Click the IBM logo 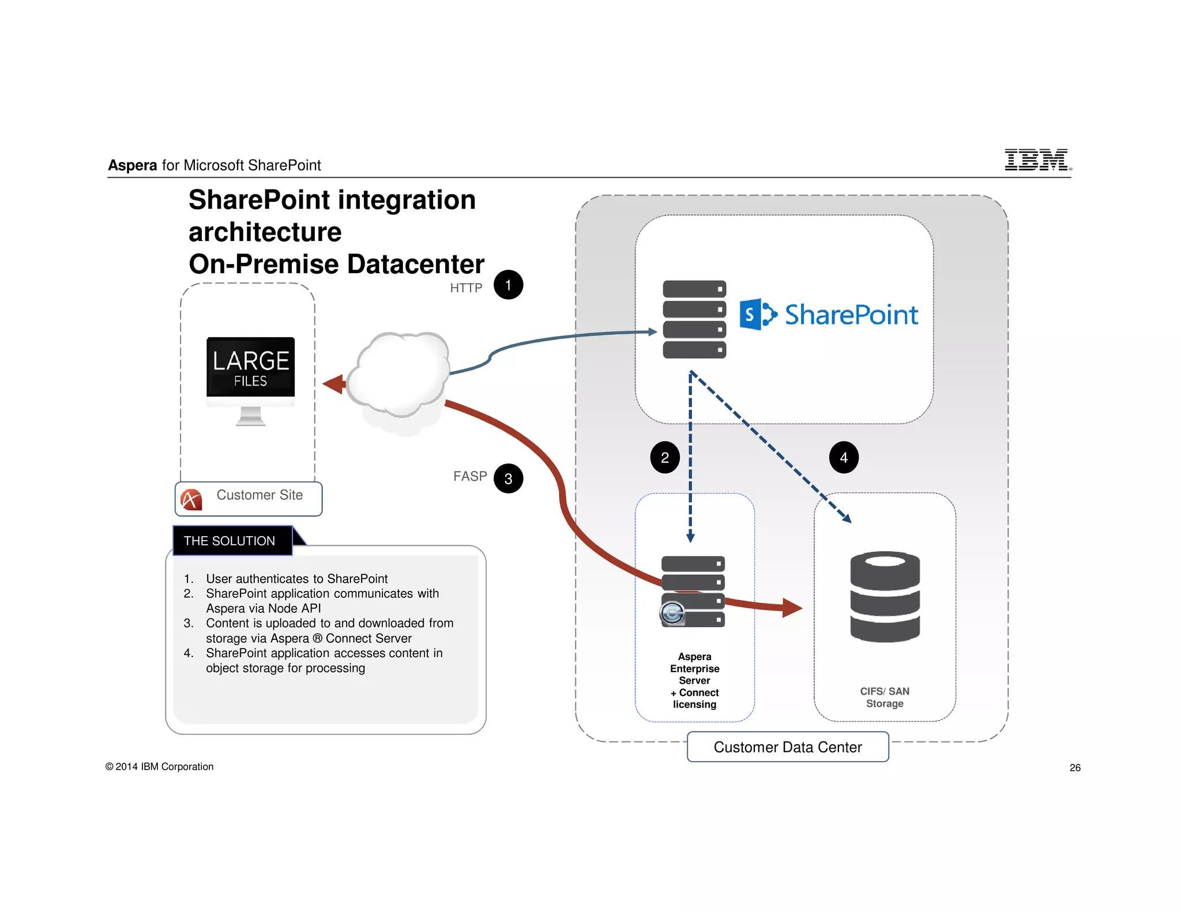point(1037,160)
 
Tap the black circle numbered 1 point(508,285)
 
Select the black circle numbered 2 point(665,458)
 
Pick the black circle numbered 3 point(508,478)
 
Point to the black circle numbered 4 point(844,458)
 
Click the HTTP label point(466,288)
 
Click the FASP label point(470,476)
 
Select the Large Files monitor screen point(251,367)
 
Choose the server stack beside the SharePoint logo point(694,319)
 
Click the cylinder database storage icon point(885,597)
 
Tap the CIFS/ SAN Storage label point(885,697)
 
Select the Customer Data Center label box point(788,747)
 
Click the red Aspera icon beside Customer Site point(191,499)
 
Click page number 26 point(1075,767)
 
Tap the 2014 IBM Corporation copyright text point(160,766)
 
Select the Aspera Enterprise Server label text point(694,680)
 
